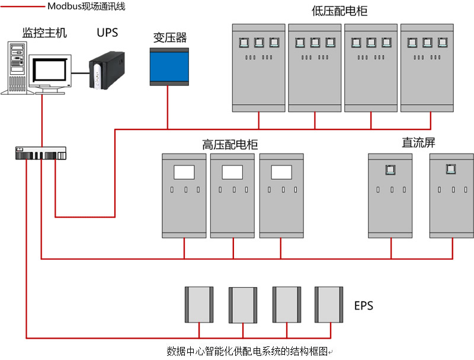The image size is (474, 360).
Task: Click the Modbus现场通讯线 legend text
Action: click(86, 7)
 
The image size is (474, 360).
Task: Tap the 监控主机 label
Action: click(44, 33)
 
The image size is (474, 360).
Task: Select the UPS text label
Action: click(107, 32)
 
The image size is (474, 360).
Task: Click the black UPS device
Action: click(107, 71)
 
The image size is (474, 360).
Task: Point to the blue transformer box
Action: click(169, 66)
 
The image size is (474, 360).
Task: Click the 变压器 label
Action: click(170, 38)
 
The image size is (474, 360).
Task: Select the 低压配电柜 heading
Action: click(340, 11)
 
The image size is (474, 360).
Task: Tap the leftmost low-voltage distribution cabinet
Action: click(258, 68)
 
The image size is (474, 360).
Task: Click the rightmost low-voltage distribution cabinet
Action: click(427, 68)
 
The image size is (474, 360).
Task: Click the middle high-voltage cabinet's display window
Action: click(233, 172)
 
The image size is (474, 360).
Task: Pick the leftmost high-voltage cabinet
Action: click(184, 196)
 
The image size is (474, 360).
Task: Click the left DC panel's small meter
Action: click(390, 170)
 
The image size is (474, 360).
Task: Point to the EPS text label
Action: click(364, 306)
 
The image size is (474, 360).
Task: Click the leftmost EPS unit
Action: click(199, 304)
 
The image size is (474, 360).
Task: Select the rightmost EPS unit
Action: click(329, 304)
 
